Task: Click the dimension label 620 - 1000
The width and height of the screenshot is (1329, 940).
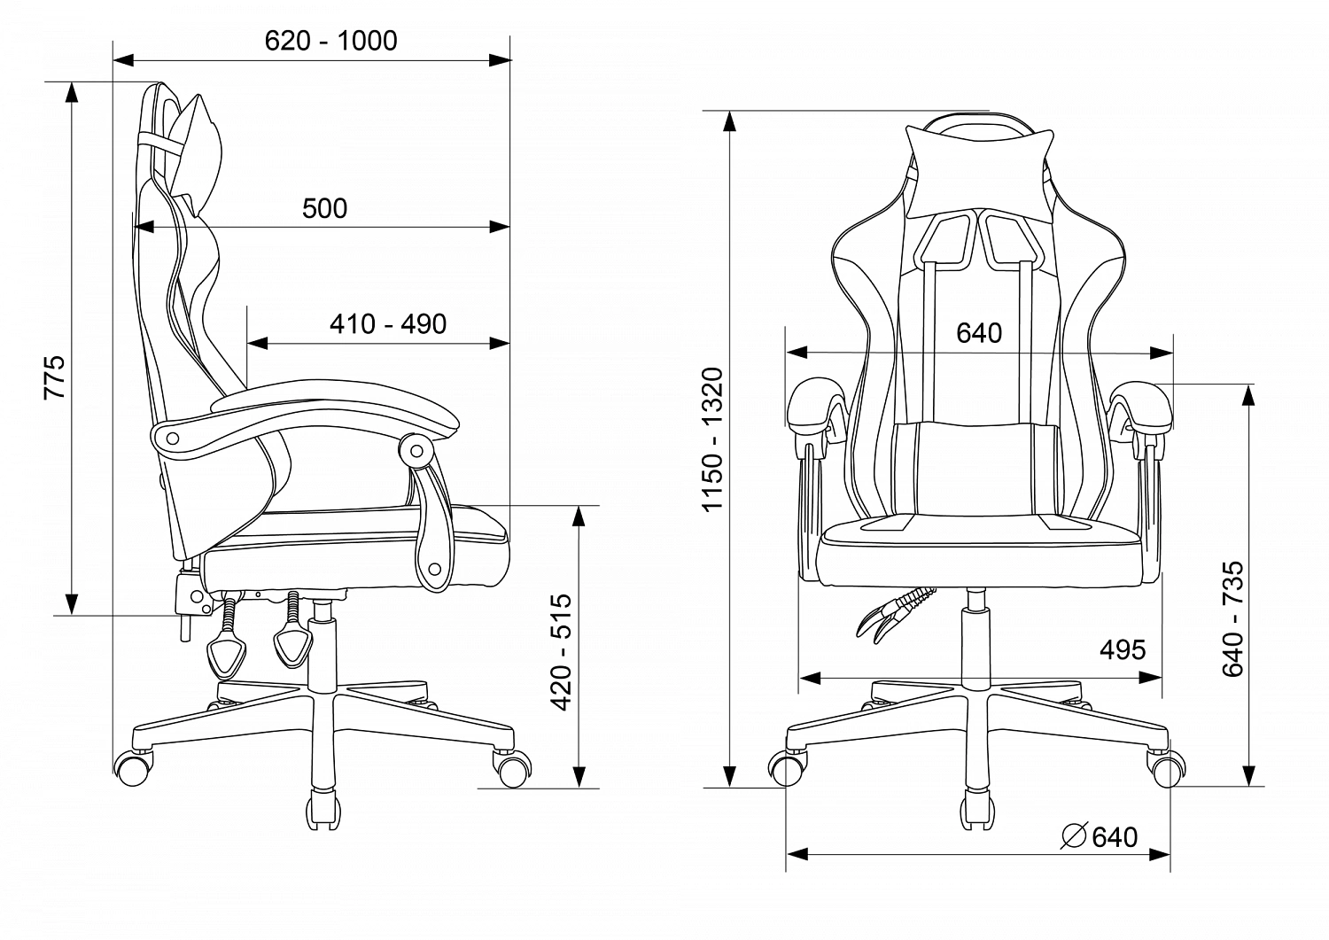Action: coord(331,41)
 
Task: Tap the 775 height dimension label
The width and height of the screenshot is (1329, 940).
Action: coord(55,377)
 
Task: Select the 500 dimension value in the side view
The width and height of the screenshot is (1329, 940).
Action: coord(324,208)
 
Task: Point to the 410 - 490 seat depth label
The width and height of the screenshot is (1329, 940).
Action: coord(388,324)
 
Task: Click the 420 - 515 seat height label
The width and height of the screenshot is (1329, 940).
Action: coord(561,651)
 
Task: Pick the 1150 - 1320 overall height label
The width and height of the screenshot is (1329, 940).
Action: coord(712,439)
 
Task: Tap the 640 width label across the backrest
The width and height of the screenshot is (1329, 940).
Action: coord(979,333)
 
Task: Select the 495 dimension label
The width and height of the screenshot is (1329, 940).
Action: coord(1123,649)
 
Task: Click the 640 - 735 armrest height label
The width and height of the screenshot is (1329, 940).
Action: coord(1233,618)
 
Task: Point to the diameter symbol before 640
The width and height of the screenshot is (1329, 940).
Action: coord(1073,836)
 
